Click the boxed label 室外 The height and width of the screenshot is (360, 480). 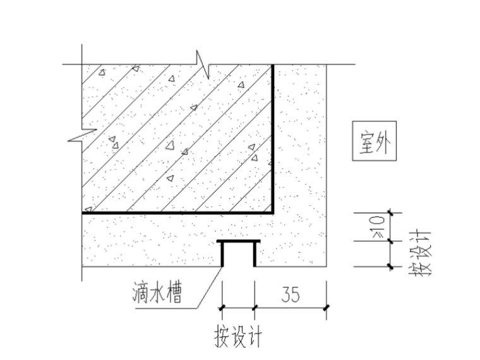point(373,142)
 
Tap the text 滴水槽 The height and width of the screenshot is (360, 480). point(160,293)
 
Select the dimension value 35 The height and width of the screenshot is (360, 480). point(290,294)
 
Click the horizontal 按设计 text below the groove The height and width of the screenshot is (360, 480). point(238,336)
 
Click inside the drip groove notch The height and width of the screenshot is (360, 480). point(239,255)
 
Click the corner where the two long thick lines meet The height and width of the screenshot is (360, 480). point(273,213)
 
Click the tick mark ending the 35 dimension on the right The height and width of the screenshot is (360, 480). point(326,308)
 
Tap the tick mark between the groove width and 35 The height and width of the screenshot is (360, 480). point(255,308)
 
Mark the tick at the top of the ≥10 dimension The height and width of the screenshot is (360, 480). point(390,213)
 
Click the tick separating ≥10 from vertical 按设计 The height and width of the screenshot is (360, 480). point(390,241)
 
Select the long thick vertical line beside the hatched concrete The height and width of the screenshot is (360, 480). point(273,139)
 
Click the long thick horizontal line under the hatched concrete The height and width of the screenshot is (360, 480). point(177,213)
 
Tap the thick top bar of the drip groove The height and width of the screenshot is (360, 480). point(239,242)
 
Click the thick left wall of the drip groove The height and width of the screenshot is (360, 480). point(222,254)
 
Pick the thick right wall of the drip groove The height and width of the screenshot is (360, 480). point(255,254)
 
